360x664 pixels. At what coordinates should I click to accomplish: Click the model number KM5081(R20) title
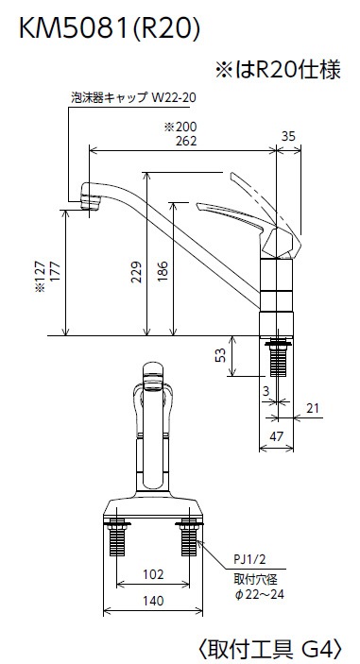coord(110,29)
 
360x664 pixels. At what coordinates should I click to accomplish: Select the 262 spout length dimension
coord(186,141)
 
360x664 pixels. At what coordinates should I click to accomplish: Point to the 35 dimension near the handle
coord(288,136)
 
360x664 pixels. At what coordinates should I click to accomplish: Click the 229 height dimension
coord(136,272)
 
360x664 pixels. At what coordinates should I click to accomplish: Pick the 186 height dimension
coord(163,272)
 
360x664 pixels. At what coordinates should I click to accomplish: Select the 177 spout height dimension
coord(56,272)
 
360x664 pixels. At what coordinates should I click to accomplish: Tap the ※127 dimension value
coord(41,276)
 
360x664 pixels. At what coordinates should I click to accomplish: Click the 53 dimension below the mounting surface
coord(220,355)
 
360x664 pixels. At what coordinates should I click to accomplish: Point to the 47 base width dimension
coord(276,436)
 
